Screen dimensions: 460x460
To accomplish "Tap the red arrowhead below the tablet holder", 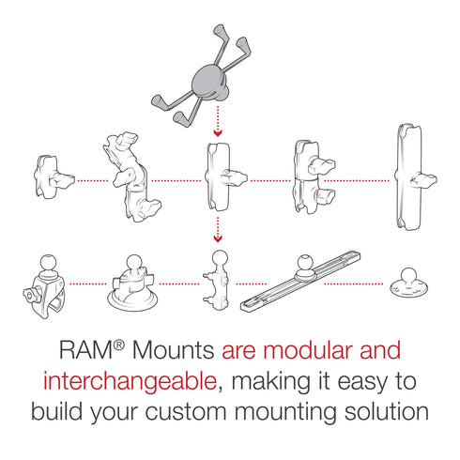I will coord(218,134).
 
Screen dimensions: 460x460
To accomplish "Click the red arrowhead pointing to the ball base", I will coord(218,238).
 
